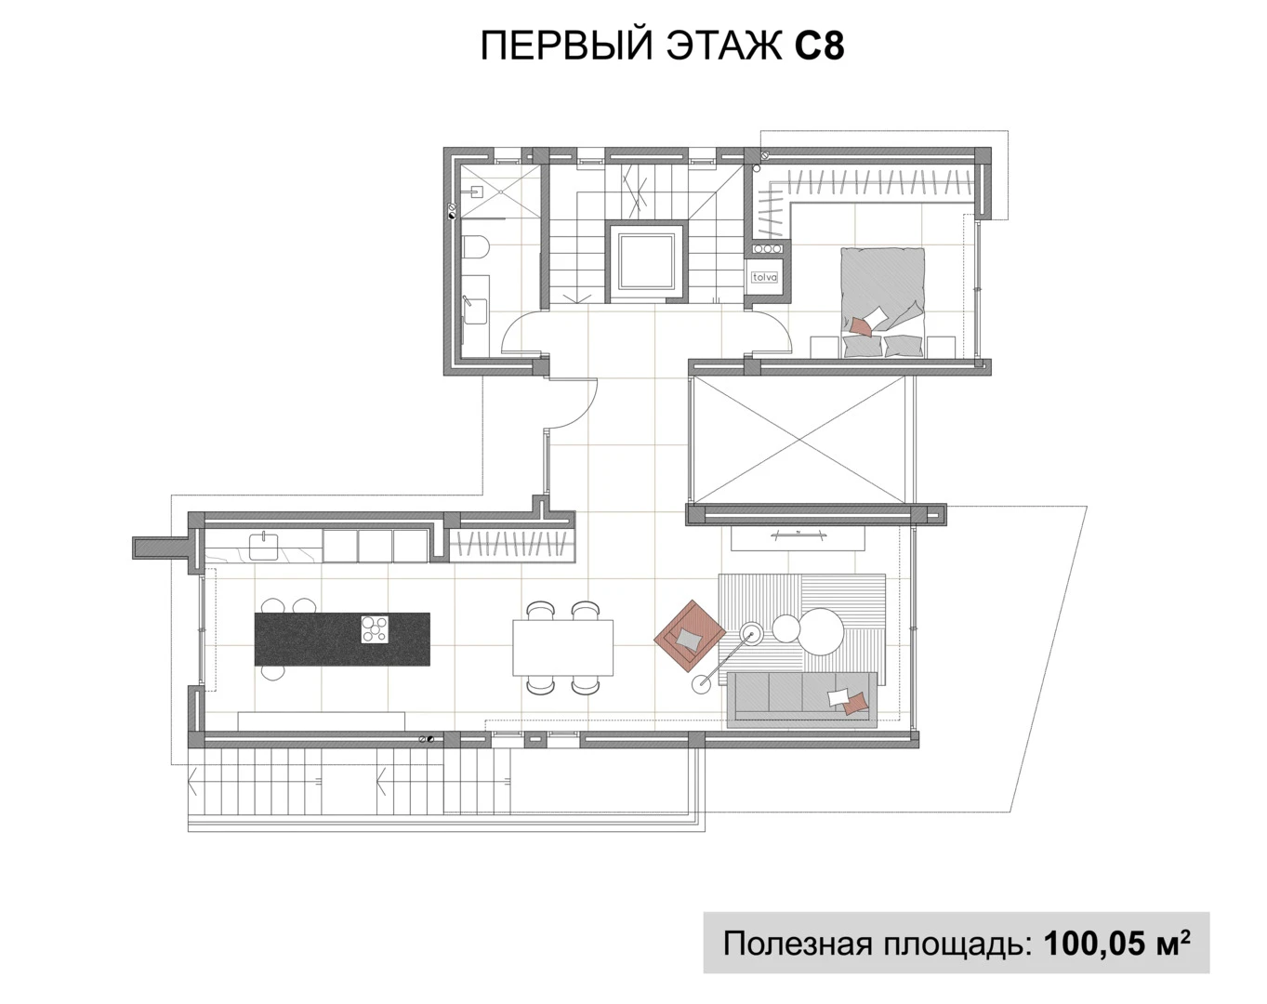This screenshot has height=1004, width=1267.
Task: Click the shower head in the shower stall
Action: (476, 192)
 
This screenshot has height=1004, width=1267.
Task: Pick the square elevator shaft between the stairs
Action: (646, 261)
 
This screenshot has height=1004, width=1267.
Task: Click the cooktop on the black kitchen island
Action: (375, 629)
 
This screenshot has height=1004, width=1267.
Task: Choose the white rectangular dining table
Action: (562, 647)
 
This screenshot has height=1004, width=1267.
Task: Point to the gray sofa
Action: (801, 697)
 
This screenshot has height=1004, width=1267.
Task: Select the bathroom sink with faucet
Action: (475, 311)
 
